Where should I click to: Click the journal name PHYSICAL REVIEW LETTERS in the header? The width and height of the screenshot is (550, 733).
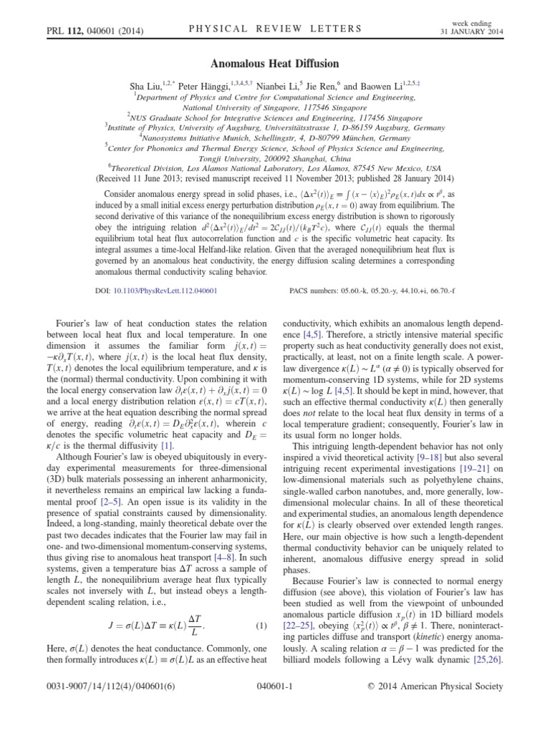coord(274,29)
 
